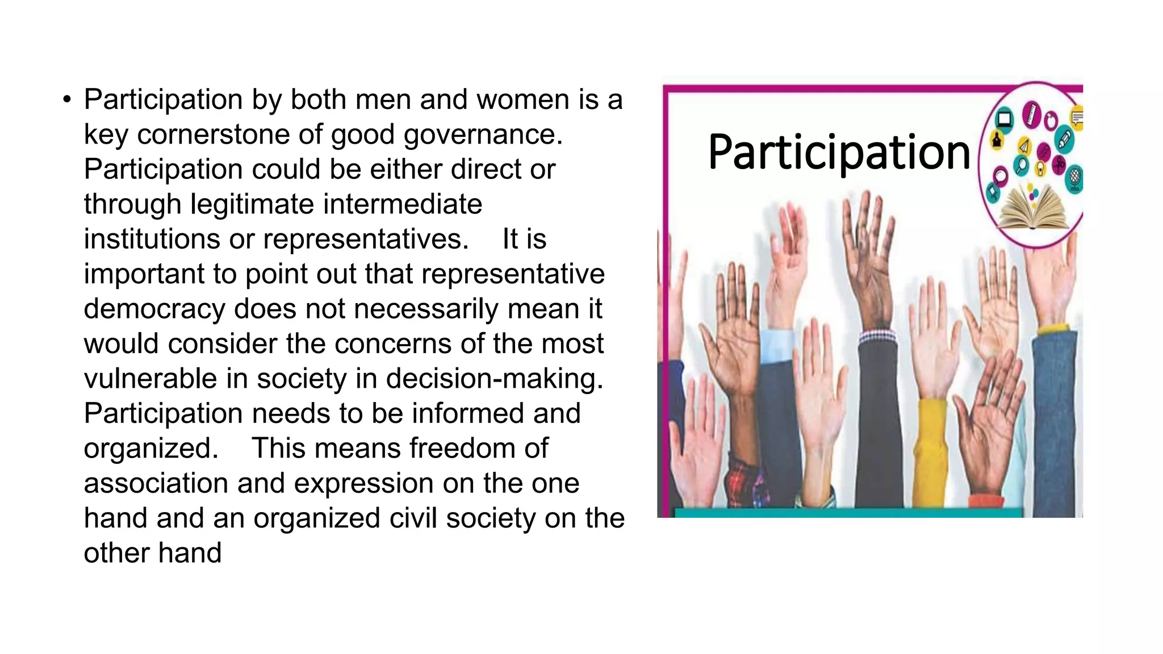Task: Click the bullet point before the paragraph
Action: point(68,100)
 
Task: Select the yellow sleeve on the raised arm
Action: point(932,448)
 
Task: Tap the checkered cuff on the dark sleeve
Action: point(877,337)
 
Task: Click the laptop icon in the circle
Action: point(1005,119)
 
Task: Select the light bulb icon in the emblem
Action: point(1040,169)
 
